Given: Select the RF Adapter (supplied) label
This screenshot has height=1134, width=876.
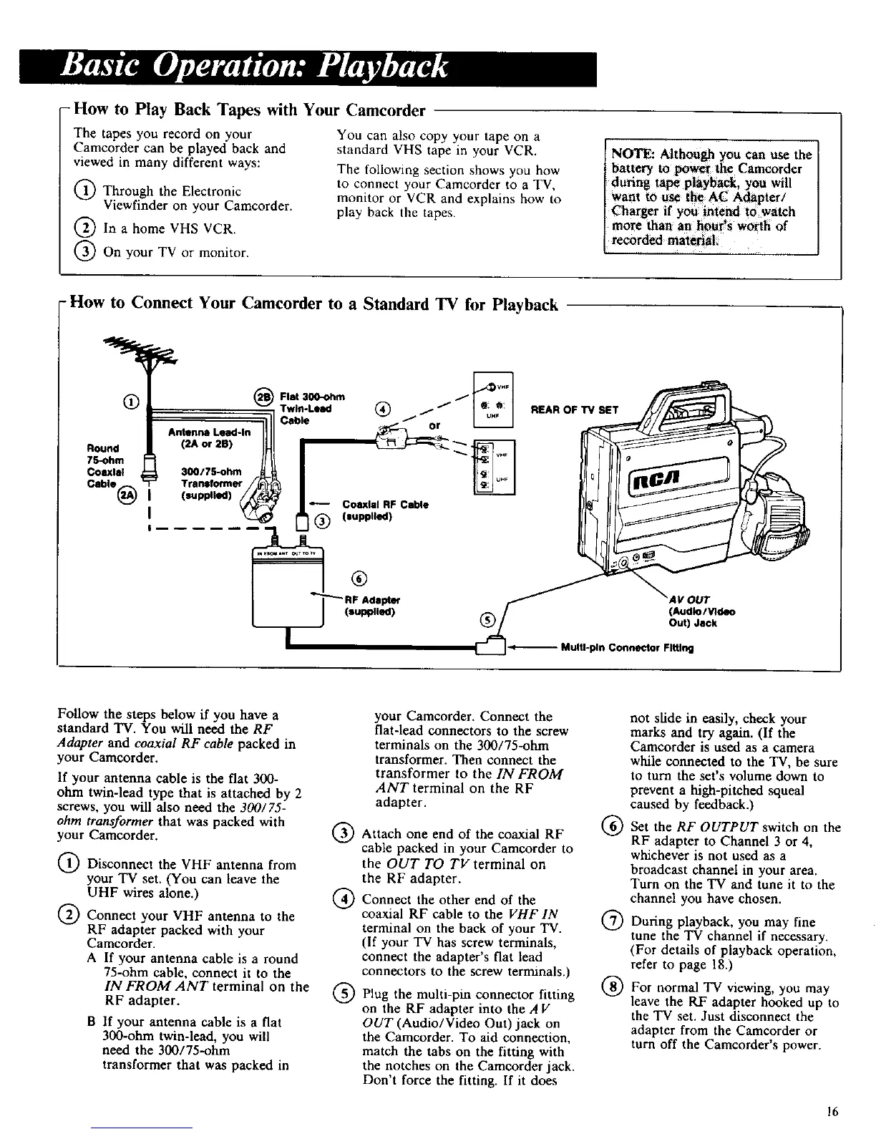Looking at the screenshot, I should point(372,606).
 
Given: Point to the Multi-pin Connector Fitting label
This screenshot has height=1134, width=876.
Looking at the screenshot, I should point(627,649).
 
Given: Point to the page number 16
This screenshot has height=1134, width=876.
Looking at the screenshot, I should point(831,1112).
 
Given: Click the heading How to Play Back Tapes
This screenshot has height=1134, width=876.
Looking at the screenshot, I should point(250,110).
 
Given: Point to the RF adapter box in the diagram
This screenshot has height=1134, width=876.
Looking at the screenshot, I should point(289,587).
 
